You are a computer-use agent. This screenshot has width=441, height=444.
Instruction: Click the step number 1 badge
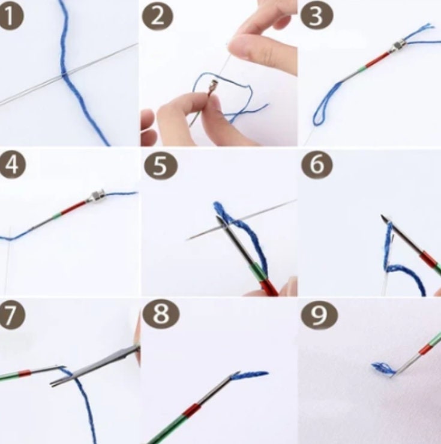pyautogui.click(x=11, y=16)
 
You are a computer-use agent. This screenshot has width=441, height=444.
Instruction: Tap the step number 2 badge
pyautogui.click(x=157, y=16)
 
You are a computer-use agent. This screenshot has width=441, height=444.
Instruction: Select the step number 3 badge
pyautogui.click(x=317, y=16)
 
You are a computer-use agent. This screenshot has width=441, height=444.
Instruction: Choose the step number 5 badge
pyautogui.click(x=161, y=165)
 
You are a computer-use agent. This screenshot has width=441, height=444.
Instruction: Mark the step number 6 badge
pyautogui.click(x=317, y=165)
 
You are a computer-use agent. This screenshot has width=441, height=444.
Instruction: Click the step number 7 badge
pyautogui.click(x=11, y=315)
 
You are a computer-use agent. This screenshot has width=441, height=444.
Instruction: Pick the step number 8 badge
pyautogui.click(x=161, y=315)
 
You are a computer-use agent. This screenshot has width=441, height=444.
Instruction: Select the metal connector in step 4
pyautogui.click(x=97, y=196)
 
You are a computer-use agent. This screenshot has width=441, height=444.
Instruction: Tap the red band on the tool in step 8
pyautogui.click(x=192, y=409)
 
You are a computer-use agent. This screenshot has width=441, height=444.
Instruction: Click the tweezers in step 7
pyautogui.click(x=95, y=366)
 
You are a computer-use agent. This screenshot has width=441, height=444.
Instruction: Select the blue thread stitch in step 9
pyautogui.click(x=383, y=369)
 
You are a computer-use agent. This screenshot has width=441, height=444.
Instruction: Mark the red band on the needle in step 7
pyautogui.click(x=25, y=374)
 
